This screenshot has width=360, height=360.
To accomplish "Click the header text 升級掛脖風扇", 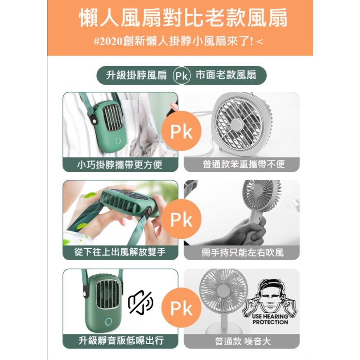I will [x=137, y=76].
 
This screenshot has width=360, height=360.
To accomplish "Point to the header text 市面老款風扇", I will [x=226, y=76].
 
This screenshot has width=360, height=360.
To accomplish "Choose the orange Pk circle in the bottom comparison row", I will [x=181, y=309].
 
